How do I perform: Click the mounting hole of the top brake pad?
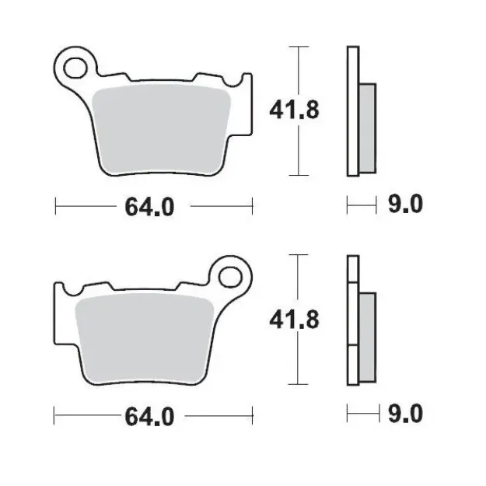(x=76, y=67)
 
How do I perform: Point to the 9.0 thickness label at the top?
(x=404, y=205)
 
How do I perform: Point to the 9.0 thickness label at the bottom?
(x=404, y=414)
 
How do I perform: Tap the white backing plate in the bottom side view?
(x=352, y=365)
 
